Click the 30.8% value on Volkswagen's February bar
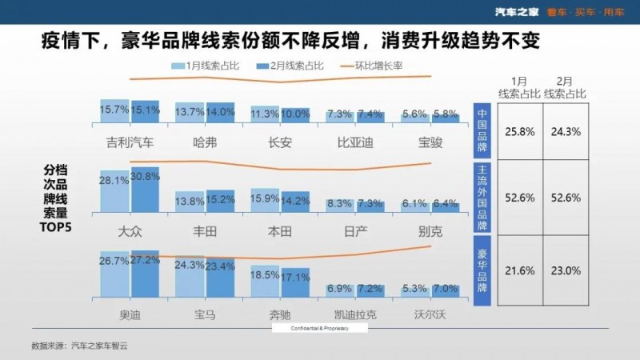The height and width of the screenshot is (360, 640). coord(146,176)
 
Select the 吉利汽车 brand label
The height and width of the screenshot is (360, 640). coord(130,143)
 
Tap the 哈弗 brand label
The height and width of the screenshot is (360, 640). coord(205,143)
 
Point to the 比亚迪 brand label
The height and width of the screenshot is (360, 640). coord(355,143)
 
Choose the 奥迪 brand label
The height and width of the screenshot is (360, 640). coord(130,315)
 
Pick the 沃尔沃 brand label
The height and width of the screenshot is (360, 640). coord(430,315)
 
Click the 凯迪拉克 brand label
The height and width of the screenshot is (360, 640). coord(355,315)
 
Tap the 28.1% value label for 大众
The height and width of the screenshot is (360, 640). coord(114,181)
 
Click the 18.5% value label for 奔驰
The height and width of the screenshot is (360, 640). coord(266,274)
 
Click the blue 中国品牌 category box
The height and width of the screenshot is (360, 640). coord(482,126)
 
